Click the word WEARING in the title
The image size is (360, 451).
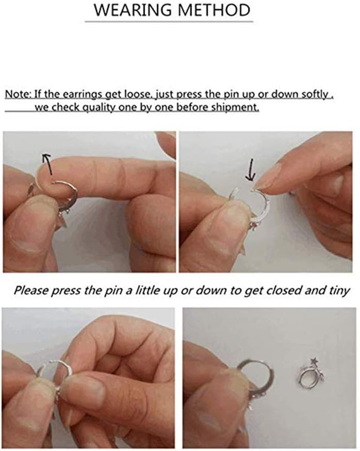click(133, 10)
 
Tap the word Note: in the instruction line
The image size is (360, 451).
click(18, 94)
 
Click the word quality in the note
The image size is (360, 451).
click(98, 107)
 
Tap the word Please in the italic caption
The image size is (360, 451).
click(32, 290)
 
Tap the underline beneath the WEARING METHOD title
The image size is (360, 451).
click(169, 21)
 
